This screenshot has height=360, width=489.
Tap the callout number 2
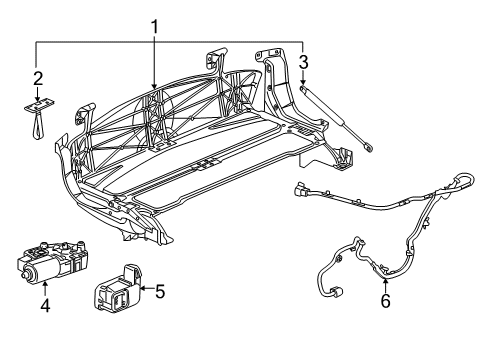coord(37,77)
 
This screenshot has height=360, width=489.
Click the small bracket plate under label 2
coord(38,102)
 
